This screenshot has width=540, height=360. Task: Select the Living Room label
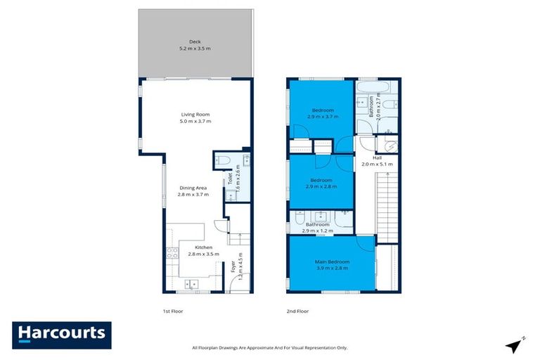click(x=195, y=118)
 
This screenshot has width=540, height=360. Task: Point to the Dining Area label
click(x=193, y=191)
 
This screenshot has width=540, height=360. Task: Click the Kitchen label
click(x=204, y=251)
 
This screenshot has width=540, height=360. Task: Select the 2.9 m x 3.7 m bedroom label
click(x=323, y=114)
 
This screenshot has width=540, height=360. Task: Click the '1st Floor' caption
click(x=172, y=310)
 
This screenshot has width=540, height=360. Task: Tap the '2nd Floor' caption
click(x=298, y=310)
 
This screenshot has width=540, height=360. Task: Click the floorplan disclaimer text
click(x=269, y=347)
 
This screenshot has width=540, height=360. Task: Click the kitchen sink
click(x=191, y=284)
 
